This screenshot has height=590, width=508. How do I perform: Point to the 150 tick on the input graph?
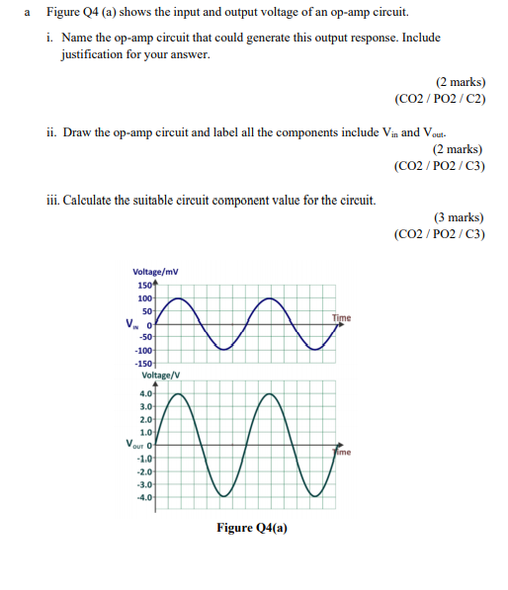click(143, 285)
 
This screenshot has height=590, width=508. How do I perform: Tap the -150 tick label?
click(142, 365)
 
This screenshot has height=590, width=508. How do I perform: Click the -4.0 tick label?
click(144, 497)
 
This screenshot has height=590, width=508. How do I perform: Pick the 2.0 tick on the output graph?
click(145, 418)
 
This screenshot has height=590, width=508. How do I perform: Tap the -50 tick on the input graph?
click(145, 337)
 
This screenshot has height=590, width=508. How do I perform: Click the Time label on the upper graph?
click(341, 317)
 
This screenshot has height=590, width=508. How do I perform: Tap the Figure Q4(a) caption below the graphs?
click(253, 528)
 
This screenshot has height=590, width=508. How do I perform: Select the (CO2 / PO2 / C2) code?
click(440, 101)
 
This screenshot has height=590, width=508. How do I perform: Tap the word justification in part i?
click(94, 54)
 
